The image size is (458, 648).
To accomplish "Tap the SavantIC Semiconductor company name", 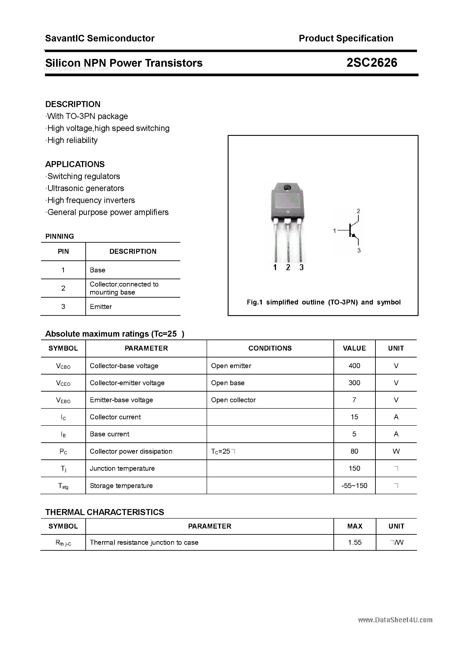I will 100,38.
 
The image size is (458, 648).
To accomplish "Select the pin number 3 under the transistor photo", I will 301,267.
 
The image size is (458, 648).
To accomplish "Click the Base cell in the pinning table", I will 97,270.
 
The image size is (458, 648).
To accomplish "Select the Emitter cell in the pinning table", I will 101,306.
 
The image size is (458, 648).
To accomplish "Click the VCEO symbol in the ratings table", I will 63,383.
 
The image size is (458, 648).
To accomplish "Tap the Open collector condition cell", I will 233,400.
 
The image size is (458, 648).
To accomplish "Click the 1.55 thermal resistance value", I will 355,543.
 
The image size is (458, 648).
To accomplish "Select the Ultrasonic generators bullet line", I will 86,188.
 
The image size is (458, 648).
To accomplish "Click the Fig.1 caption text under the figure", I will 324,302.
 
